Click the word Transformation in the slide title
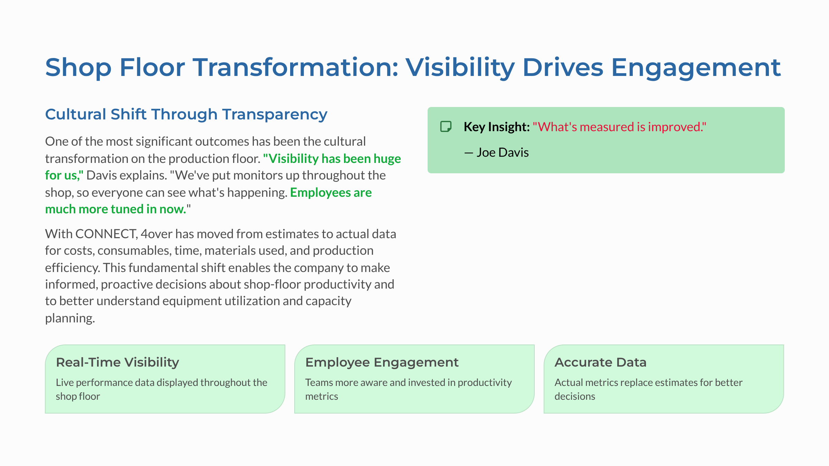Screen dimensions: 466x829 pos(295,67)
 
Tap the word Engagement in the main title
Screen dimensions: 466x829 pos(696,67)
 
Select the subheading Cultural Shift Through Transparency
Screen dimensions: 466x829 pos(186,114)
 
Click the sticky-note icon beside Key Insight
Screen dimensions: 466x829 pos(446,127)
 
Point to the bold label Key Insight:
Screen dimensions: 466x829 pos(496,127)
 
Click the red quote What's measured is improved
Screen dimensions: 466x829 pos(619,127)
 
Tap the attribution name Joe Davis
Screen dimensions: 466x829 pos(503,152)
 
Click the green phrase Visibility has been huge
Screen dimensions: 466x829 pos(332,159)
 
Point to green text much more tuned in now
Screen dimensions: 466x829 pos(116,209)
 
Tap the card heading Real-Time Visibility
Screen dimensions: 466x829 pos(117,362)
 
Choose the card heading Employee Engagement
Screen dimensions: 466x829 pos(382,362)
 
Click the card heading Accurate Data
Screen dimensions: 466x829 pos(600,362)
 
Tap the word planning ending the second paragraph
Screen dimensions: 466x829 pos(70,318)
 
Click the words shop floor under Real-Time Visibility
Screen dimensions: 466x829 pos(78,396)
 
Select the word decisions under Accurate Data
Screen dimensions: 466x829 pos(575,396)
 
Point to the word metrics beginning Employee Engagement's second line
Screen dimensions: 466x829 pos(321,396)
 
